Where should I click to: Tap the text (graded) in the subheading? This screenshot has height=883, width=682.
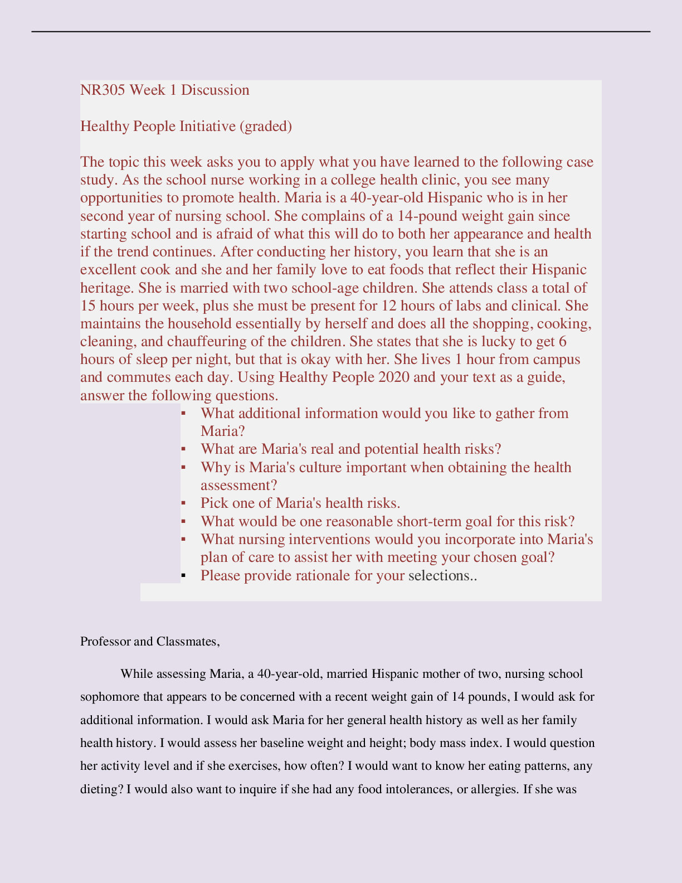265,127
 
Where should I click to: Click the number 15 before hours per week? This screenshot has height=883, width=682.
88,306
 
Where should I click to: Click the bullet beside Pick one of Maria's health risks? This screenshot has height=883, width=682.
183,503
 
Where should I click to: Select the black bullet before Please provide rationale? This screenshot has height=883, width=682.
183,575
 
